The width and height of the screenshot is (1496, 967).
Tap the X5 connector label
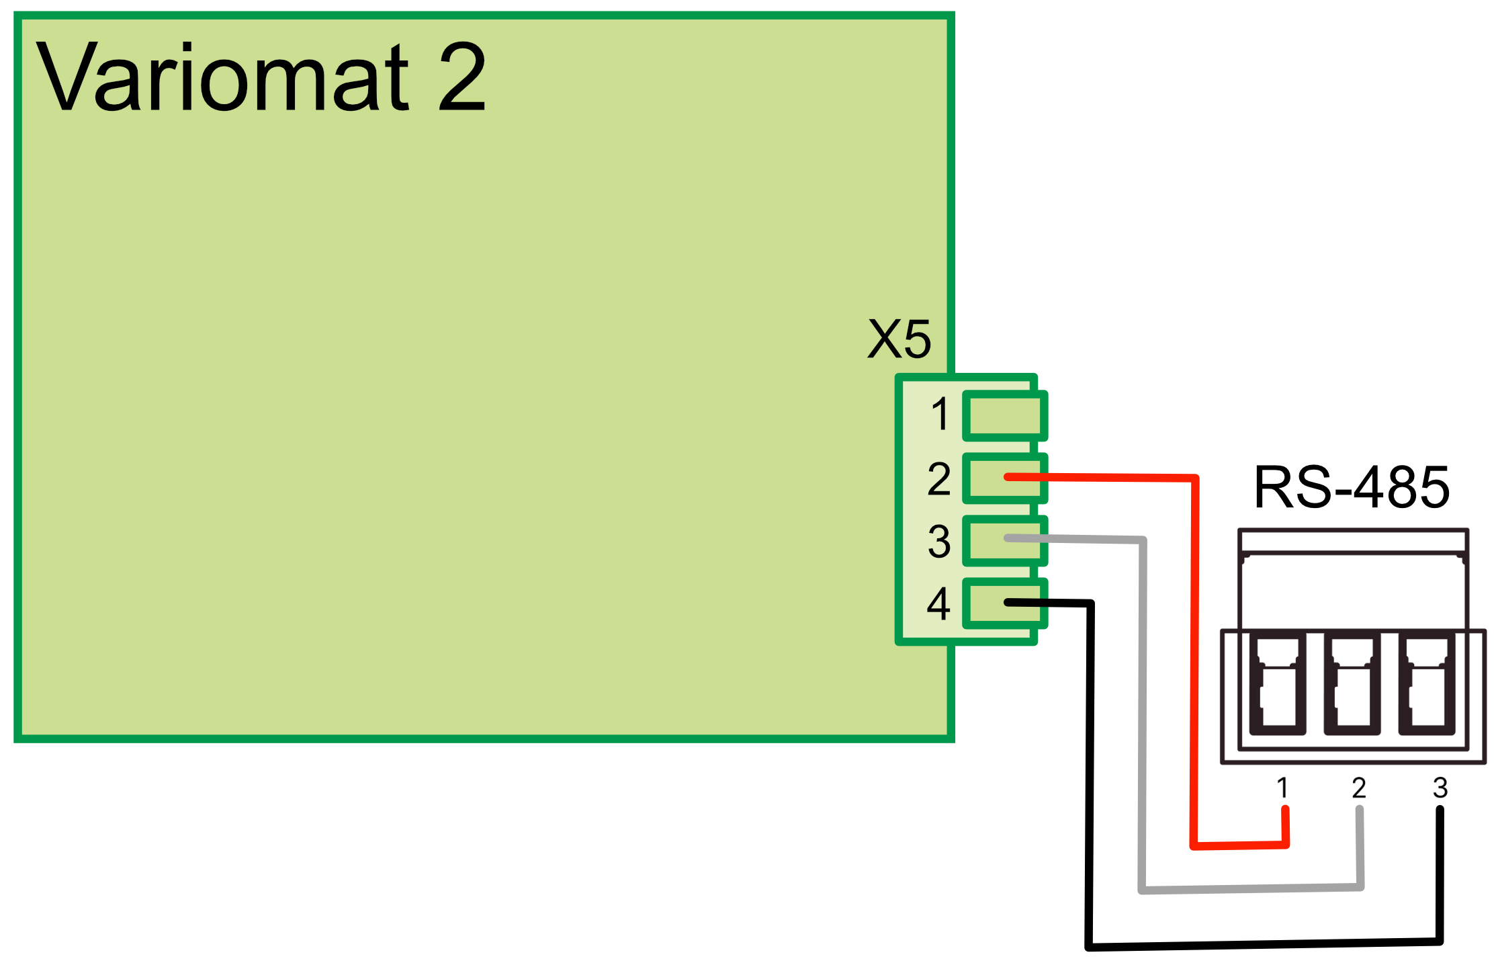(899, 339)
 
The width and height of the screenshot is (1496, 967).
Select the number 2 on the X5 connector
(939, 478)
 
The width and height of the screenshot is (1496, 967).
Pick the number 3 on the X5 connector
(939, 541)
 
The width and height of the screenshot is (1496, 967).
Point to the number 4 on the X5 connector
(938, 603)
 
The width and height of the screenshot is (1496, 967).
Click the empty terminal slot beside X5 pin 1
(1005, 416)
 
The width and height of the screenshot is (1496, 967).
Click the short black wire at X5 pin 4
(1026, 603)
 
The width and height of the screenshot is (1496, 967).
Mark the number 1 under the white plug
(1282, 787)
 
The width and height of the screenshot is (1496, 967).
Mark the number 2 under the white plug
(1359, 787)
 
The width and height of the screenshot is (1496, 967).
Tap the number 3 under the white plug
(1440, 787)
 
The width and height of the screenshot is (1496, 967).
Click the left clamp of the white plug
(1278, 684)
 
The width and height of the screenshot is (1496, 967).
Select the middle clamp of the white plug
(1352, 684)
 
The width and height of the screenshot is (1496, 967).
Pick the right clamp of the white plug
(1427, 684)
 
